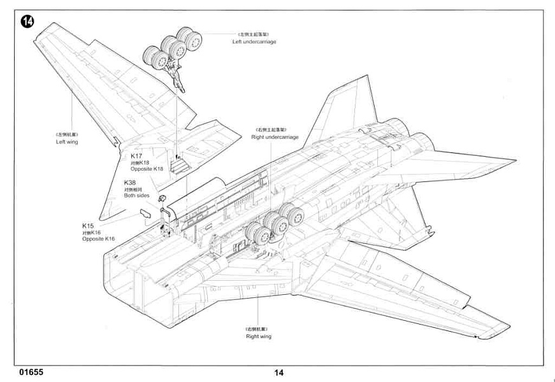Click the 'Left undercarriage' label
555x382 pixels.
pos(254,41)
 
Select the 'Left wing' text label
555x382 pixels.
pos(66,142)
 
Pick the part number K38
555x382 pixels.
pos(131,183)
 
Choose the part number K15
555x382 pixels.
pos(88,226)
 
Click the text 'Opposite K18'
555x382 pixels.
pos(147,169)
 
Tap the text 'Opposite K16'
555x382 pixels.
pos(98,239)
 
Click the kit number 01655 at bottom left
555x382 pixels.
pos(31,372)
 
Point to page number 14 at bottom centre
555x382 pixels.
pos(279,373)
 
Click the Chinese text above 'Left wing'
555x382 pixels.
pos(66,134)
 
